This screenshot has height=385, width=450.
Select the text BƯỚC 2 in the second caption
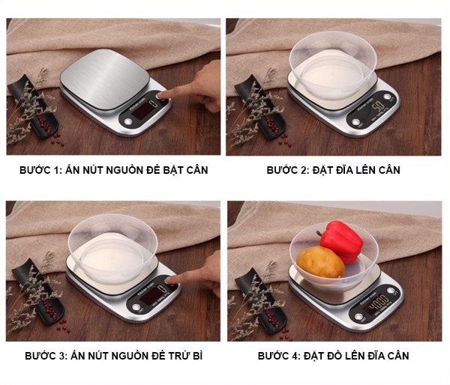tap(288, 170)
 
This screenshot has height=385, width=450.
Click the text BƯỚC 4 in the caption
tap(280, 355)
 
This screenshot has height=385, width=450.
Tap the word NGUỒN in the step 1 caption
tap(117, 170)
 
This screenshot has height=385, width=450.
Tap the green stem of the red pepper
tap(321, 234)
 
